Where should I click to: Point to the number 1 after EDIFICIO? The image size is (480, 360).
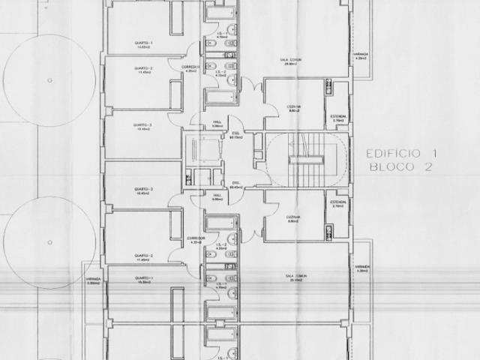[433, 153]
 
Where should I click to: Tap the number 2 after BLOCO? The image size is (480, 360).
[428, 168]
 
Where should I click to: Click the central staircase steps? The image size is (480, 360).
[305, 161]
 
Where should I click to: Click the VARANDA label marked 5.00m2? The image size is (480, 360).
[94, 280]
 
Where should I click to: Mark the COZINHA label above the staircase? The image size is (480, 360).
[293, 106]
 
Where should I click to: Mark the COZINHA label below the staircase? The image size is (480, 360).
[293, 218]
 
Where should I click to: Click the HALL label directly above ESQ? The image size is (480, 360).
[218, 124]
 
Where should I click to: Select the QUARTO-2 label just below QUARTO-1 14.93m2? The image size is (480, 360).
[143, 70]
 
